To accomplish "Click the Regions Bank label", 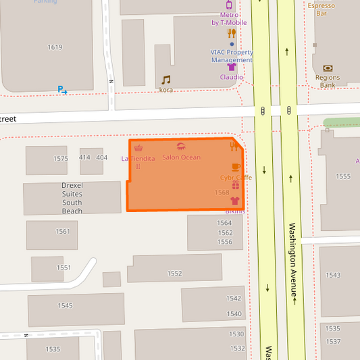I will click(328, 82).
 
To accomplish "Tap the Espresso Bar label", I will click(322, 9).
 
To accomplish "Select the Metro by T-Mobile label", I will click(229, 19).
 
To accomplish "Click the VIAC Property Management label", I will click(232, 56).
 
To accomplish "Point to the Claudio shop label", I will click(232, 77).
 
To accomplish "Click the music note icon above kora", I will click(166, 80).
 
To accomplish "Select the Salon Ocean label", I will click(181, 157).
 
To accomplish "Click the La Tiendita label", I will click(138, 158).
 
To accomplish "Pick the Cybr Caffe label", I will click(236, 178).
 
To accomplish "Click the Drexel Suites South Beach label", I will click(72, 198).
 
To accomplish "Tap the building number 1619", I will click(55, 47).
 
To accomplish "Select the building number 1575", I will click(61, 159).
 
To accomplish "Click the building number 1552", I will click(174, 274).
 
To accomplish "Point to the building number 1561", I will click(63, 232).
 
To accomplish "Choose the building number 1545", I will click(65, 306).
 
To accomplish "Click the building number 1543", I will click(333, 276).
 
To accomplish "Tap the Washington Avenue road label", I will click(293, 261).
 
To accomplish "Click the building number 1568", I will click(222, 192).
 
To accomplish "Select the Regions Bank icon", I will click(328, 68).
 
